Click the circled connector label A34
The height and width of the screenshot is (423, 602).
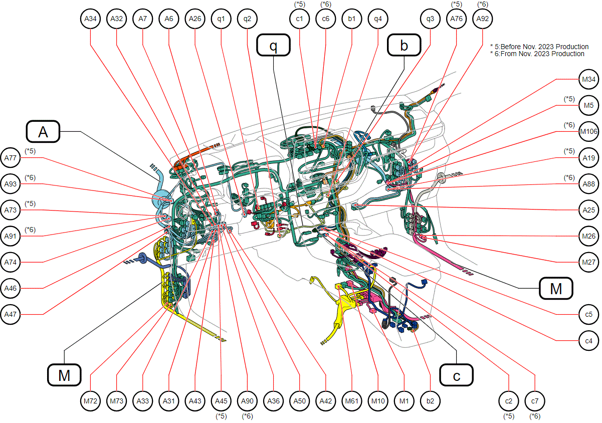tap(90, 19)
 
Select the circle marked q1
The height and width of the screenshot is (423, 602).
tap(221, 19)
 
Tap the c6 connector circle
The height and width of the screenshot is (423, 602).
tap(325, 19)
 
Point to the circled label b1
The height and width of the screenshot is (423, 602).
tap(351, 19)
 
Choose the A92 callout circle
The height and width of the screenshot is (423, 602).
tap(482, 19)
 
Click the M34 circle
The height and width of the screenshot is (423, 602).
tap(588, 79)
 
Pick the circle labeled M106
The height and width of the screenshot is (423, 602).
tap(588, 131)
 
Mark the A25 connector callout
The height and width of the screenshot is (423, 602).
tap(588, 210)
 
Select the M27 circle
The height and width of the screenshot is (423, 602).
tap(588, 262)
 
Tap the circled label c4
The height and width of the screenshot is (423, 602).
tap(588, 340)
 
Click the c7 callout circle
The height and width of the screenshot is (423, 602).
tap(535, 401)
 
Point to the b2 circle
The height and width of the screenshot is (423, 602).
tap(430, 401)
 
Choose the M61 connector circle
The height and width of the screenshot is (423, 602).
tap(351, 401)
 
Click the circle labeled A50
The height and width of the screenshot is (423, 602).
tap(299, 401)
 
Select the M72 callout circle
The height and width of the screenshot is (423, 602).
tap(90, 401)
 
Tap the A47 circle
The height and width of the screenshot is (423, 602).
tap(10, 314)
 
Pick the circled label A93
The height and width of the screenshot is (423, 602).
tap(10, 184)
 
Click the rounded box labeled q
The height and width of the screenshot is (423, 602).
tap(273, 45)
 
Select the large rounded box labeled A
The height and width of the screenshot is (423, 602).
tap(43, 131)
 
